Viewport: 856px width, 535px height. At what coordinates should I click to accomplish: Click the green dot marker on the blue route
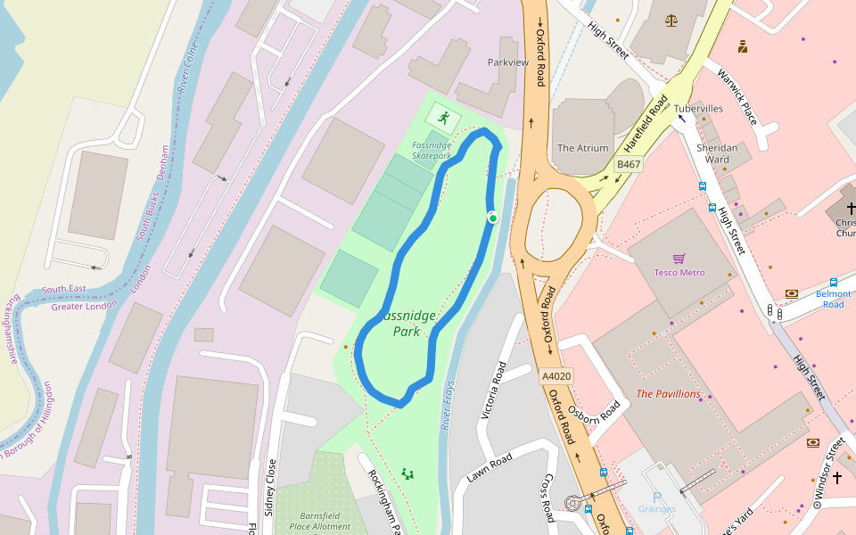(x=492, y=218)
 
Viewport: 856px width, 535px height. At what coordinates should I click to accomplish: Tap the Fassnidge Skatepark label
(x=432, y=150)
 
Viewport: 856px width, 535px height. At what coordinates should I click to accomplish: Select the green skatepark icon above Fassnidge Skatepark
(x=443, y=116)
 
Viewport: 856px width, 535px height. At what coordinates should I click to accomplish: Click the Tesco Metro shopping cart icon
(x=679, y=259)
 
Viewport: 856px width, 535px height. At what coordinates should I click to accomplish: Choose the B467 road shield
(x=629, y=164)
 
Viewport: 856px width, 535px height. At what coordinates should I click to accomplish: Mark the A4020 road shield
(x=556, y=377)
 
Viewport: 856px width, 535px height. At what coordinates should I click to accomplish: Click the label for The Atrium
(x=582, y=148)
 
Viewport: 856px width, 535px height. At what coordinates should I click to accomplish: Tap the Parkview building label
(x=508, y=62)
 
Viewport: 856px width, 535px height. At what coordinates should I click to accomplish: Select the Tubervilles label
(x=698, y=109)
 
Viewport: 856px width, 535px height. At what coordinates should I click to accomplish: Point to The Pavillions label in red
(x=668, y=393)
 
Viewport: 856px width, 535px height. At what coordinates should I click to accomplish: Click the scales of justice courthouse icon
(x=671, y=20)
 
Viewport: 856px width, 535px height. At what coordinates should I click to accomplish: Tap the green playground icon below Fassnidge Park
(x=407, y=473)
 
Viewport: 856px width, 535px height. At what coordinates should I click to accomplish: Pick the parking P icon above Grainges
(x=657, y=497)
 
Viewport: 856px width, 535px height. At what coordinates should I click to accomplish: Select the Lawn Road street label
(x=489, y=468)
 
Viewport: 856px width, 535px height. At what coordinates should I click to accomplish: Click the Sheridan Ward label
(x=717, y=153)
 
